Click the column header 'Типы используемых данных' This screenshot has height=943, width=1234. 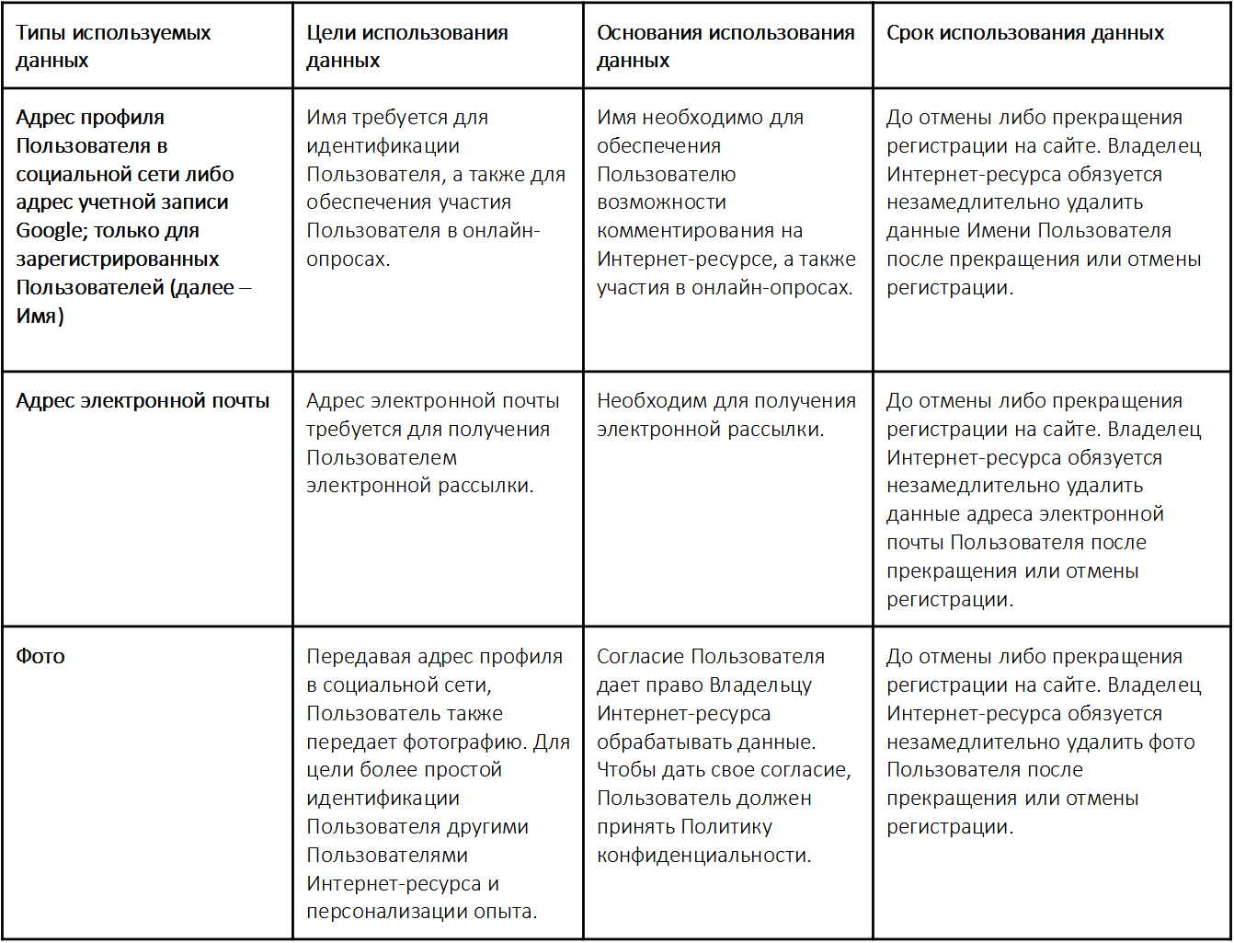pyautogui.click(x=113, y=46)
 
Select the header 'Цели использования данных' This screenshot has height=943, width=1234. pyautogui.click(x=406, y=46)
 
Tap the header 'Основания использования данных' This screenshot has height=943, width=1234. pyautogui.click(x=726, y=46)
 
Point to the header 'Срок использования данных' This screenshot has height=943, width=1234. pyautogui.click(x=1025, y=33)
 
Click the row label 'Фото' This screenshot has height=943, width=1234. pyautogui.click(x=40, y=657)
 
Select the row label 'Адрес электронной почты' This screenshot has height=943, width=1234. pyautogui.click(x=143, y=401)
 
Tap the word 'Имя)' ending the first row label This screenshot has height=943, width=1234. pyautogui.click(x=40, y=316)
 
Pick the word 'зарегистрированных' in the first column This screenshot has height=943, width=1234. pyautogui.click(x=118, y=259)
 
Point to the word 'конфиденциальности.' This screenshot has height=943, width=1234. pyautogui.click(x=704, y=856)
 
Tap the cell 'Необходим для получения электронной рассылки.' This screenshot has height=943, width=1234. pyautogui.click(x=726, y=415)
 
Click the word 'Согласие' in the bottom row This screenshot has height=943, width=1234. pyautogui.click(x=640, y=657)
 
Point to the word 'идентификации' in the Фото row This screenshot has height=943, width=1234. pyautogui.click(x=383, y=799)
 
